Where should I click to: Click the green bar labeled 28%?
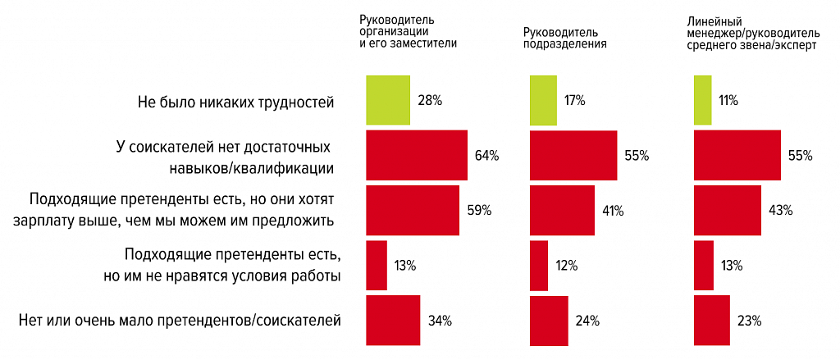387,100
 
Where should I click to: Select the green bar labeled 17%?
541,100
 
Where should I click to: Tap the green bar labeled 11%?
702,100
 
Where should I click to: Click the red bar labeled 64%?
416,155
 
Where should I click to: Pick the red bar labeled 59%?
412,210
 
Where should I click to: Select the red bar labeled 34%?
393,320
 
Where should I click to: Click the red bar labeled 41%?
562,210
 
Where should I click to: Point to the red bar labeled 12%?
539,265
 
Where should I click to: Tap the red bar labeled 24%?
549,320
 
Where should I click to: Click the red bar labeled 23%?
712,320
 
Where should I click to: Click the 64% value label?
486,155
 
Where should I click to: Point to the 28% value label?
430,101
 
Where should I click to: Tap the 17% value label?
573,101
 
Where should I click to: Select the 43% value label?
780,211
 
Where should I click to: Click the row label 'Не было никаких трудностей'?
237,103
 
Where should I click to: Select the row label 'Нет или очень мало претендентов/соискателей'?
179,320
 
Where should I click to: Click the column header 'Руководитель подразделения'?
564,39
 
